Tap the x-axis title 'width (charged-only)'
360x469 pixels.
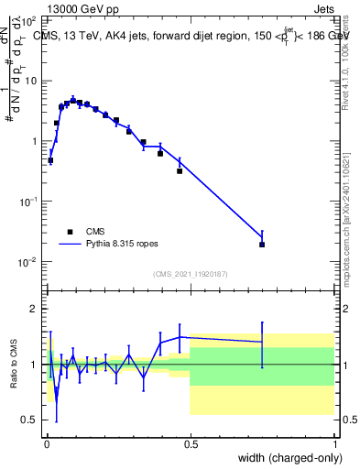point(286,456)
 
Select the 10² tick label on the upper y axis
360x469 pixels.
point(29,20)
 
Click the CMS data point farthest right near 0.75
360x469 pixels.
point(262,245)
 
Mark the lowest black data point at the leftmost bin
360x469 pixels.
point(50,160)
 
